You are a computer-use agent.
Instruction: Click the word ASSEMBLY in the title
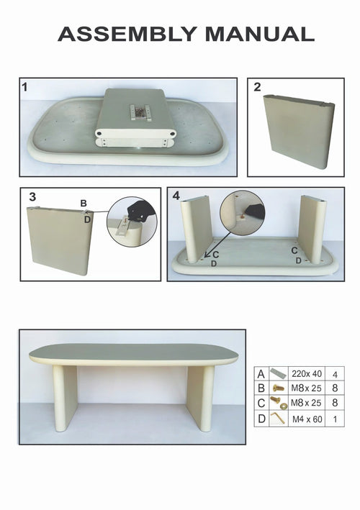(x=127, y=33)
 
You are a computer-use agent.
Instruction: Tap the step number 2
(x=258, y=88)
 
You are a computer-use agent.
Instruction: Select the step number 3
(x=32, y=196)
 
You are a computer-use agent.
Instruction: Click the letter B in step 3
(x=84, y=204)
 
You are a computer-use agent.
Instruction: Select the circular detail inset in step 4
(x=243, y=210)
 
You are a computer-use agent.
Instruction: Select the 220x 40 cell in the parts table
(x=305, y=373)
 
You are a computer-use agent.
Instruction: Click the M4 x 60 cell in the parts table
(x=305, y=417)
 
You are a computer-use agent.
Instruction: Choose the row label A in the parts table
(x=261, y=373)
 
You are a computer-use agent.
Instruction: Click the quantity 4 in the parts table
(x=334, y=373)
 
